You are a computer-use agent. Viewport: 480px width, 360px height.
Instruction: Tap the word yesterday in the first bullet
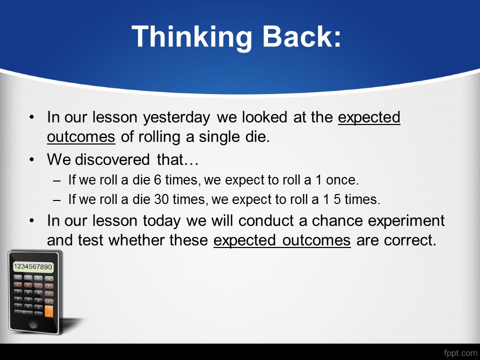click(x=176, y=118)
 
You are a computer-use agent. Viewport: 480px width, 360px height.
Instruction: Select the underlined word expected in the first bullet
click(x=369, y=118)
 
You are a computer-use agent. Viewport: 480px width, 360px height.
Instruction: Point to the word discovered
click(x=112, y=159)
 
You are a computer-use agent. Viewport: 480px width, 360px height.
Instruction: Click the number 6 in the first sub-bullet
click(x=157, y=180)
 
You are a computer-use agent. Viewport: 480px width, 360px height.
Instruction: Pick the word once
click(x=342, y=180)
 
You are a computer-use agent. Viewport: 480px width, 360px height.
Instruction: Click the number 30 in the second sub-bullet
click(x=161, y=199)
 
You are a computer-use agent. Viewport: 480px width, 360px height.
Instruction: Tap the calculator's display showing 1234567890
click(x=33, y=266)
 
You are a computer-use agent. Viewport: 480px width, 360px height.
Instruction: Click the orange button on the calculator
click(x=48, y=311)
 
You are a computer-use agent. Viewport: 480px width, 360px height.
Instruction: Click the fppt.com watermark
click(x=460, y=353)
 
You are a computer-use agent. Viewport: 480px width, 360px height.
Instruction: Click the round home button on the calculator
click(x=33, y=324)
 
